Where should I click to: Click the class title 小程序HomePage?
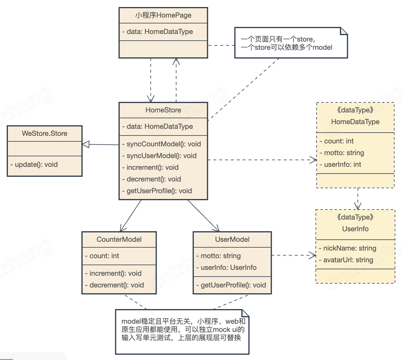[163, 15]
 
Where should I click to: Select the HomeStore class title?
[163, 110]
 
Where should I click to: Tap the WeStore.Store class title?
[45, 133]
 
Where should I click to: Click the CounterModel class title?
[119, 239]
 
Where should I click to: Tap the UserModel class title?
[232, 239]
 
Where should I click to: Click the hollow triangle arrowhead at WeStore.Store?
[86, 144]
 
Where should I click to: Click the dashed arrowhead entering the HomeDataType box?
[314, 160]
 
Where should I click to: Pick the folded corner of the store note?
[344, 31]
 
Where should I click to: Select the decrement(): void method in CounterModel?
[116, 285]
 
